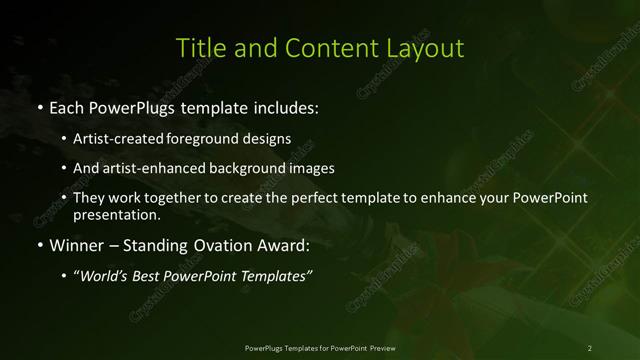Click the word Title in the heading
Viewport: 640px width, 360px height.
(x=198, y=48)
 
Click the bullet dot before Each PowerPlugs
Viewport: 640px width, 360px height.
(x=38, y=106)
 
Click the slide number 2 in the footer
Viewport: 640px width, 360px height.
(x=590, y=347)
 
